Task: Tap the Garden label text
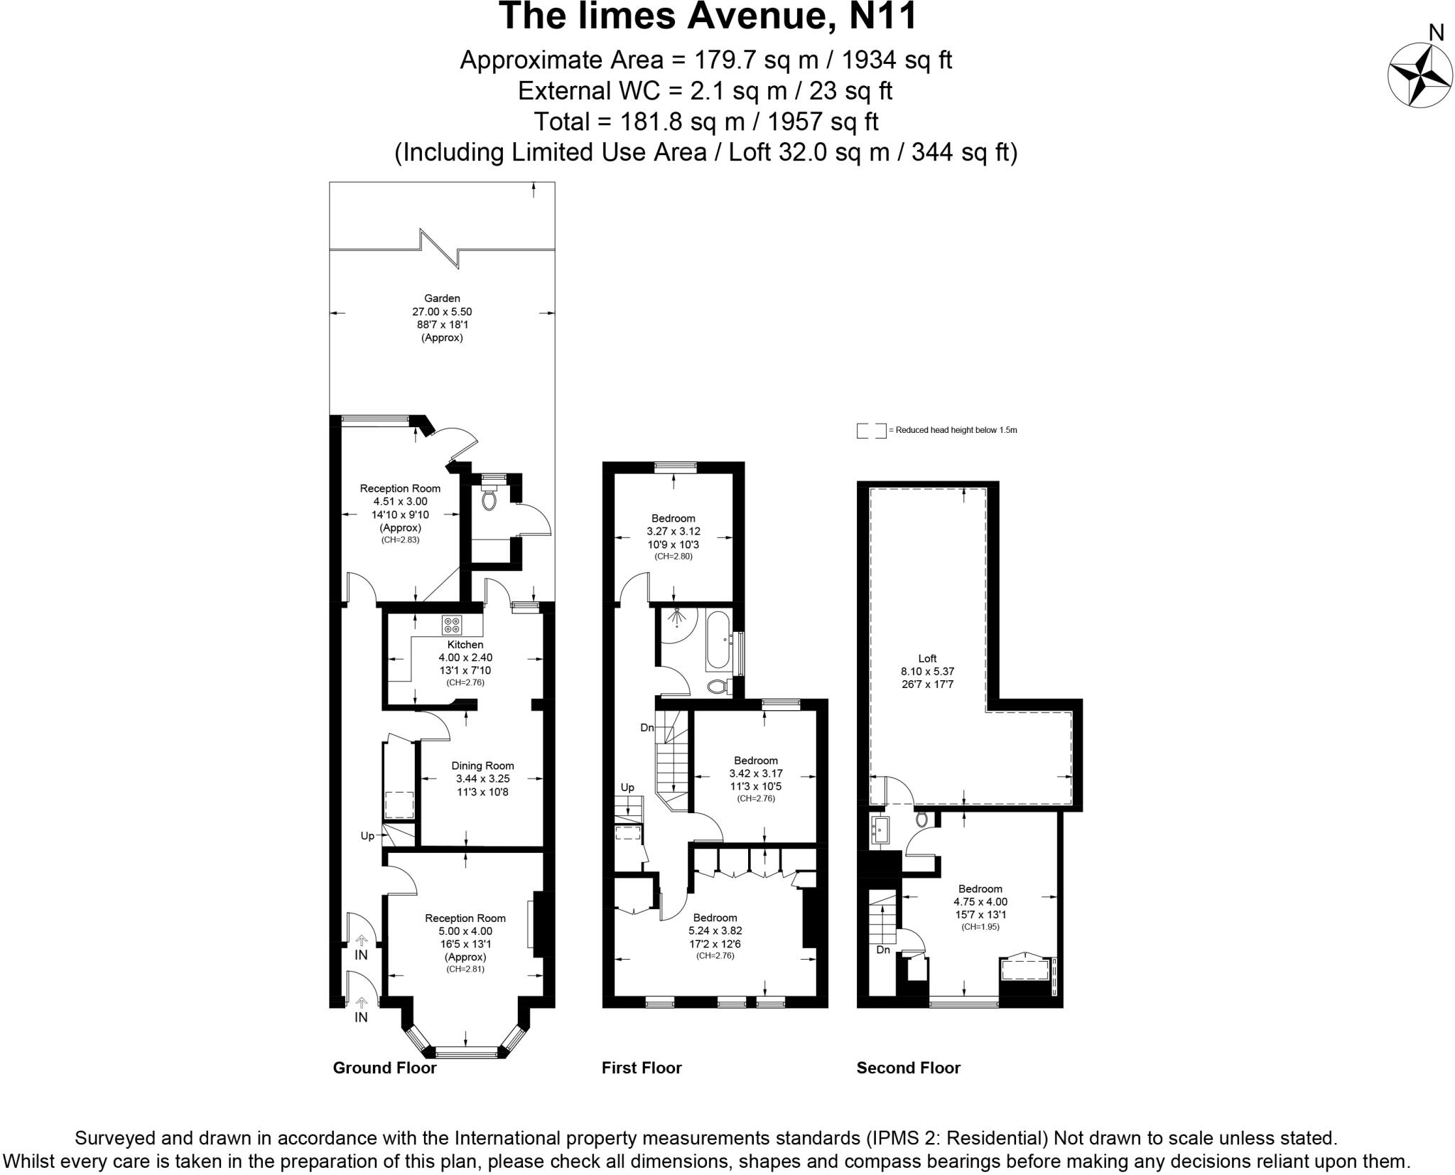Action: point(442,299)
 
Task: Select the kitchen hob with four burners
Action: point(452,625)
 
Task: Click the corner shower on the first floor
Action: point(676,623)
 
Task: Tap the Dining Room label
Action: point(482,766)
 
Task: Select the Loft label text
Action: point(927,658)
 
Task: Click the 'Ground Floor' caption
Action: point(384,1068)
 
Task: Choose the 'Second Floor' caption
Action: point(908,1068)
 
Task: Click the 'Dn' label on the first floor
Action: point(647,728)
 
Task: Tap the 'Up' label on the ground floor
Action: point(367,836)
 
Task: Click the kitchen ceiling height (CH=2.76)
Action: point(465,682)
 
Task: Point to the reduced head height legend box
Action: point(871,431)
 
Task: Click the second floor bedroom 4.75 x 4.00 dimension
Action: point(980,901)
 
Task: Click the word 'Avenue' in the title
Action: point(754,16)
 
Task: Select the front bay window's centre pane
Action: point(465,1051)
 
